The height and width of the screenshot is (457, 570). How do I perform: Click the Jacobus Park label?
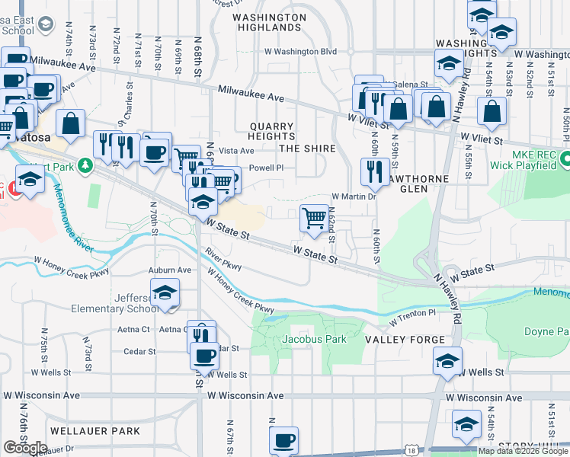click(x=314, y=339)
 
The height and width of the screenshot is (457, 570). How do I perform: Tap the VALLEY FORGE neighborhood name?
click(x=404, y=339)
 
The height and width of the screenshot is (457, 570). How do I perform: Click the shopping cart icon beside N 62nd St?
click(x=314, y=219)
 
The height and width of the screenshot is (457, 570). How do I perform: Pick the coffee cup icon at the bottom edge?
click(x=283, y=440)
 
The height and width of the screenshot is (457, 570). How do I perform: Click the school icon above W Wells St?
click(x=447, y=361)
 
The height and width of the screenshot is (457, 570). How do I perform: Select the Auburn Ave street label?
click(x=171, y=270)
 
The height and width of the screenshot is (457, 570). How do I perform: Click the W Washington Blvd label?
click(x=300, y=52)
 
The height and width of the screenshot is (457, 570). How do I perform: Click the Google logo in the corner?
click(x=25, y=448)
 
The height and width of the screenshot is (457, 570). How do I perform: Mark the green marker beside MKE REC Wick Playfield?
click(x=565, y=160)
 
